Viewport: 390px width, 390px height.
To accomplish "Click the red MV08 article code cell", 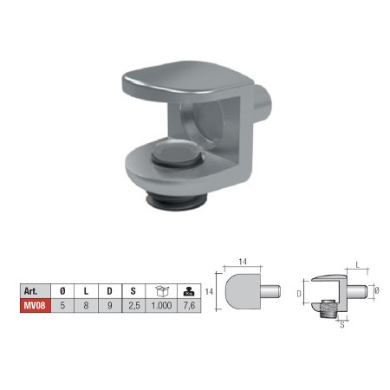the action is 36,305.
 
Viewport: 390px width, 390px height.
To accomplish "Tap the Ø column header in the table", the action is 62,291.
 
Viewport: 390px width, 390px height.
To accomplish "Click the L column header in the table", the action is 86,291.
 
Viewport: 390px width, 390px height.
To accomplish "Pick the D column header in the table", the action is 110,291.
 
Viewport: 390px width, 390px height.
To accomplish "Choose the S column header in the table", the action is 133,291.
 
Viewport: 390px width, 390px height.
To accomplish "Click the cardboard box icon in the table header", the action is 162,291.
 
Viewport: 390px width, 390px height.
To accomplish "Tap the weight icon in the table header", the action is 189,292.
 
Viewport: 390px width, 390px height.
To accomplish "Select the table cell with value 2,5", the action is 133,305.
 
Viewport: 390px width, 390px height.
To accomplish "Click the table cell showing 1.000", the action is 161,305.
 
